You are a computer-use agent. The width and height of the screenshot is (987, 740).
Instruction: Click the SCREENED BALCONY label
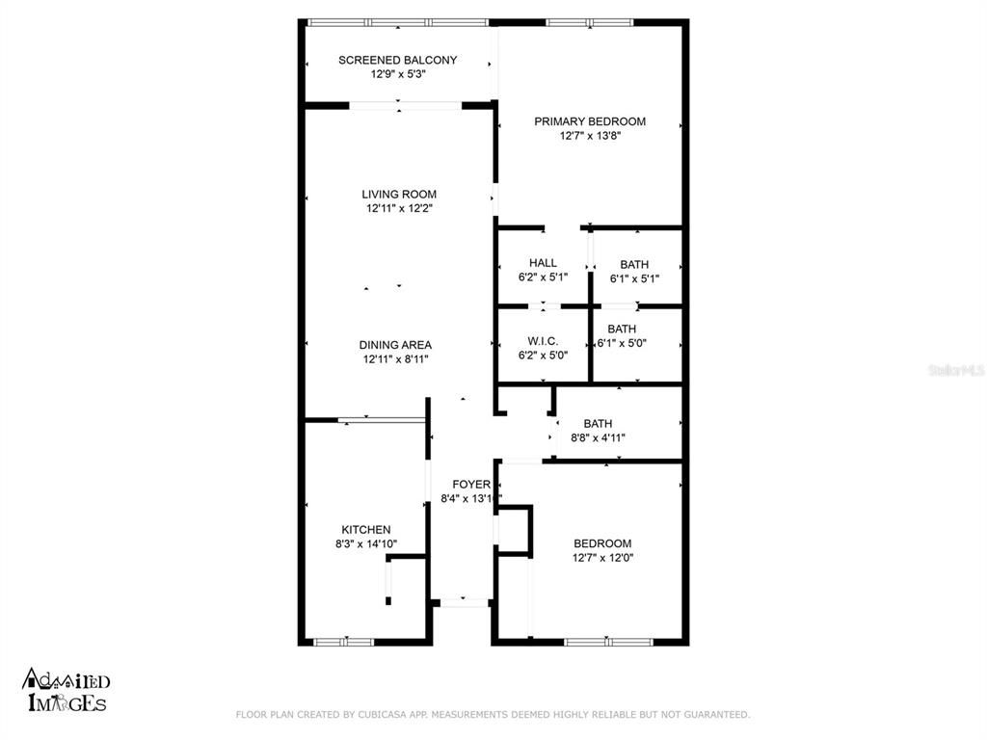click(x=397, y=60)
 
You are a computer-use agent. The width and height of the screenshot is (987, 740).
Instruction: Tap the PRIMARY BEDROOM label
click(x=590, y=121)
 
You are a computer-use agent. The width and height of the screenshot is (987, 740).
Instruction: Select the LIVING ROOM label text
click(x=399, y=194)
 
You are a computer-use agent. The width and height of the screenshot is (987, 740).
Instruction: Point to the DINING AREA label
click(x=395, y=345)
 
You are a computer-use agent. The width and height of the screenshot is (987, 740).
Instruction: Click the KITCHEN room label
click(x=366, y=529)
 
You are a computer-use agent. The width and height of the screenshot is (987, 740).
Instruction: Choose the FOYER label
click(x=471, y=485)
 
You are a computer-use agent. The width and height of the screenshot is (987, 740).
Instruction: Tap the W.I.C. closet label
click(x=543, y=341)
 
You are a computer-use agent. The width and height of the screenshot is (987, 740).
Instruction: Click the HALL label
click(x=543, y=263)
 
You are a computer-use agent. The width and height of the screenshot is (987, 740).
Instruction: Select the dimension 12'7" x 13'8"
click(x=590, y=136)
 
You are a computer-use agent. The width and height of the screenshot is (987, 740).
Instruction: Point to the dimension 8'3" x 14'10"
click(x=366, y=543)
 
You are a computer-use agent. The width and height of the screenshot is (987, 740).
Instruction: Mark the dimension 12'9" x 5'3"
click(x=397, y=74)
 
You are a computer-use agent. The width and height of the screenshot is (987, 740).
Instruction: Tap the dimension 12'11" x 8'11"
click(x=395, y=359)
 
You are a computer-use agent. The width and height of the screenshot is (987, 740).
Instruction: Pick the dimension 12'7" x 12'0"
click(x=602, y=557)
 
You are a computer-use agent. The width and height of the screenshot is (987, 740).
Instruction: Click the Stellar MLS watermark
click(x=956, y=370)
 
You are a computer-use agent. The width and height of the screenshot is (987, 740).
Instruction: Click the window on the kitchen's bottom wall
click(x=344, y=642)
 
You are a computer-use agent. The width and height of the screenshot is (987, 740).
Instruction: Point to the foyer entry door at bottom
click(x=463, y=601)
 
